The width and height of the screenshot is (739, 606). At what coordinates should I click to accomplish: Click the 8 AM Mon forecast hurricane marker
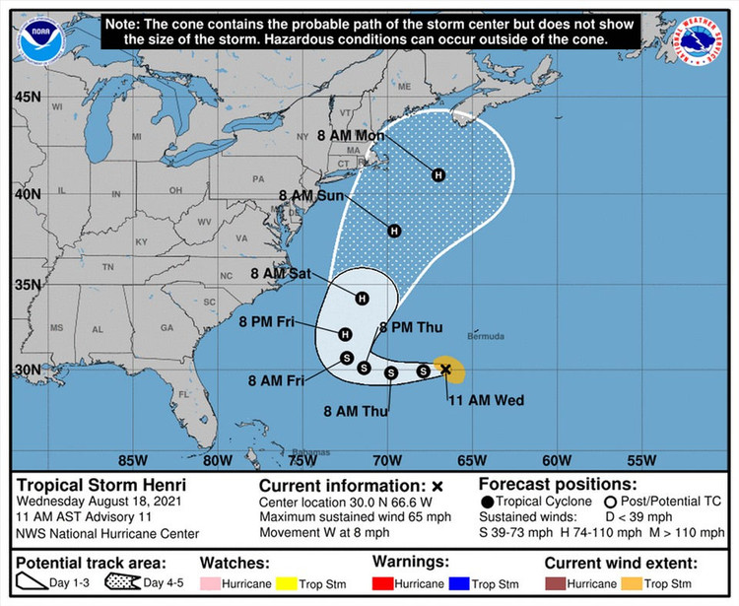pos(438,174)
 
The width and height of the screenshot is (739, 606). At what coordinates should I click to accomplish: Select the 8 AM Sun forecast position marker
pos(394,231)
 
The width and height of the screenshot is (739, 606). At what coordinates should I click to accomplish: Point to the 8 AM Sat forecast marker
pos(362,298)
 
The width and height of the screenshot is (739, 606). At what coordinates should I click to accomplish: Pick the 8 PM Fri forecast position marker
pos(345,334)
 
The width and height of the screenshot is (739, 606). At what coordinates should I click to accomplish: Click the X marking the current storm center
pos(445,370)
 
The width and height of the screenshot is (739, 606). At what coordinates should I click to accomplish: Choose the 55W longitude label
pos(640,459)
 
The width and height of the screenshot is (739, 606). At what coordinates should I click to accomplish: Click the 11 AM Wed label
pos(485,400)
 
